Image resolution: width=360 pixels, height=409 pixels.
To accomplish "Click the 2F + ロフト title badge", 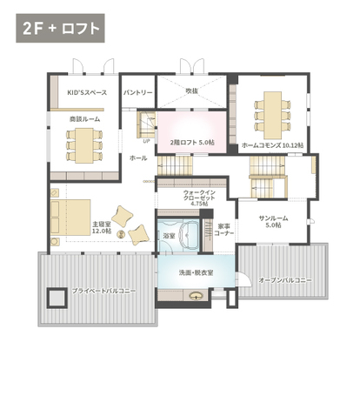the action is tap(60, 28).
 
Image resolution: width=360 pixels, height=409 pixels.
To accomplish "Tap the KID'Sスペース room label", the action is tap(87, 92).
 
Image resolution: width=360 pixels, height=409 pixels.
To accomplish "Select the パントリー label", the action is tap(138, 92).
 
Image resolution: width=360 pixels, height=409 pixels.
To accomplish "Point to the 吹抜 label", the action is tap(191, 91).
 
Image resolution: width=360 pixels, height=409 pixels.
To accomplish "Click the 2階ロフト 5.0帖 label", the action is tap(192, 142).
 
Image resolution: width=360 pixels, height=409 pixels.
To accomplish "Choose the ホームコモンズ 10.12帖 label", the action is tap(273, 145).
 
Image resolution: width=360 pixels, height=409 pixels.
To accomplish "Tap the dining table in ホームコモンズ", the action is tap(272, 116).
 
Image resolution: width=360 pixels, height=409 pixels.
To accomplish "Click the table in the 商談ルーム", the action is tap(84, 145).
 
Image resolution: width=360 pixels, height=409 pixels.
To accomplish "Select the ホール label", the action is tap(138, 158).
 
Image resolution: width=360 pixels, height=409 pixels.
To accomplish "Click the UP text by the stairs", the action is tap(147, 142).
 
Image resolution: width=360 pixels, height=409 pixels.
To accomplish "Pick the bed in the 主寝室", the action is tap(70, 217).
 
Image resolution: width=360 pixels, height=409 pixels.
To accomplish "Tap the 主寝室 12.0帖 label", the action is tap(102, 227).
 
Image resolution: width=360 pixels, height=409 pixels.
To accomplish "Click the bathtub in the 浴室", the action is tap(190, 235).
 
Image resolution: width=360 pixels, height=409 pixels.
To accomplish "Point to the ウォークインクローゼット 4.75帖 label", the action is tap(199, 198).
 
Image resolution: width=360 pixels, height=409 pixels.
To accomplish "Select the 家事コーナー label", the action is tap(223, 230).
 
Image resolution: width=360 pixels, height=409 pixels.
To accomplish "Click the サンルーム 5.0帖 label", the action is tap(273, 221).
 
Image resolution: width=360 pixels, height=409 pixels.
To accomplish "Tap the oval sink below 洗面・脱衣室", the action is tap(196, 296).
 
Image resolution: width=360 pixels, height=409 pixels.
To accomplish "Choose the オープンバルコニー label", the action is tap(285, 280).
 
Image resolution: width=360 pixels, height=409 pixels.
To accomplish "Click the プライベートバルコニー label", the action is tap(103, 291).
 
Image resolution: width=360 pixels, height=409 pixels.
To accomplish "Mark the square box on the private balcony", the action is tap(57, 298).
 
